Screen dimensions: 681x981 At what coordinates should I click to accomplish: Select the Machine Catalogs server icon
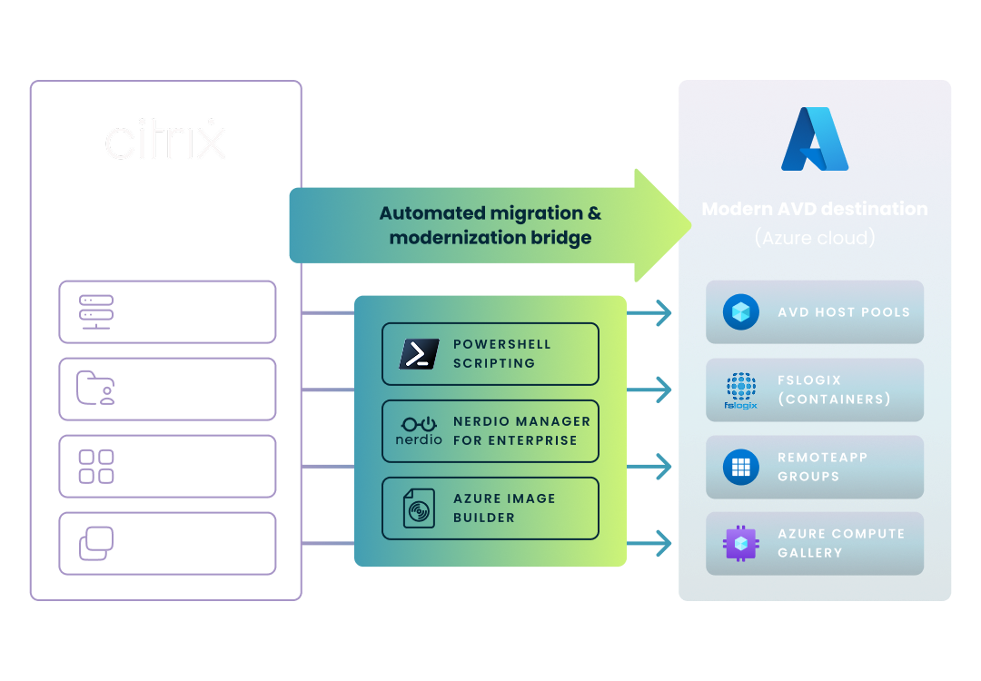pos(96,311)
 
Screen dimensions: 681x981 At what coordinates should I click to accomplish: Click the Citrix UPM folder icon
pos(96,389)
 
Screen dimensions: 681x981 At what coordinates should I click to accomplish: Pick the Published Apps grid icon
pos(96,466)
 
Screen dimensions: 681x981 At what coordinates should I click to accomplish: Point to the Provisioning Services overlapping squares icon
pos(96,543)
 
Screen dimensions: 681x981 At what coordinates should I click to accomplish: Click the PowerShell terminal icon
pos(419,354)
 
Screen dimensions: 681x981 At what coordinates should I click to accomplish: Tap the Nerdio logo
pos(419,430)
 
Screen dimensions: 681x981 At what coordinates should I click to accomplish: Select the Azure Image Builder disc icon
pos(419,508)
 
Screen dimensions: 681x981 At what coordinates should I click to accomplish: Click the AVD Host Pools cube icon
pos(740,311)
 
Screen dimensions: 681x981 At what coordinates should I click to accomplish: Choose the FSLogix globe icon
pos(740,390)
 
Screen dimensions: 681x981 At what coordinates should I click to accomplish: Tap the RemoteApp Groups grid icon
pos(740,467)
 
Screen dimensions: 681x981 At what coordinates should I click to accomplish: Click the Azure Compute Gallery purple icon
pos(740,543)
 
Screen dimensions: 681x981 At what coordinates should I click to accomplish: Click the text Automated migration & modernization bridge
pos(490,225)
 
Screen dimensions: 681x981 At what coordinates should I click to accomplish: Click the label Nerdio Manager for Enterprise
pos(521,430)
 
